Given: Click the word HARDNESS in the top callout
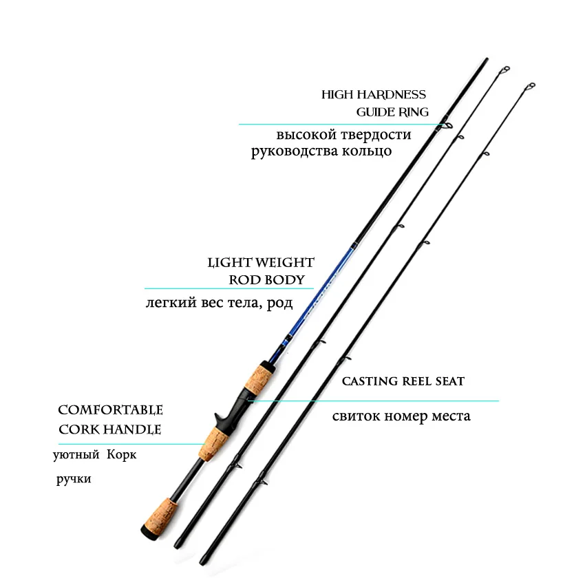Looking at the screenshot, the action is point(391,95).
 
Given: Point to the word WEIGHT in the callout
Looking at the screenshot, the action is point(286,263).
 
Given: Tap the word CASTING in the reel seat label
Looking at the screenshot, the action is point(370,381).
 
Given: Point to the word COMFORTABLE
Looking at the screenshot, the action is point(110,410).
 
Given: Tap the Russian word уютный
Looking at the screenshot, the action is point(76,455).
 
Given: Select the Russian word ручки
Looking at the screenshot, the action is point(74,479).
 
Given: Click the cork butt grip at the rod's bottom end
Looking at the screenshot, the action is point(161,517).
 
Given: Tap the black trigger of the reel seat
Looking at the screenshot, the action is point(220,420).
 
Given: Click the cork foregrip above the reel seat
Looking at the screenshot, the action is point(258,379).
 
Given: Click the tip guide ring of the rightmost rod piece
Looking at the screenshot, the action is point(530,87).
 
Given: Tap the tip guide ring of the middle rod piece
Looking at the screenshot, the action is point(504,71).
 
